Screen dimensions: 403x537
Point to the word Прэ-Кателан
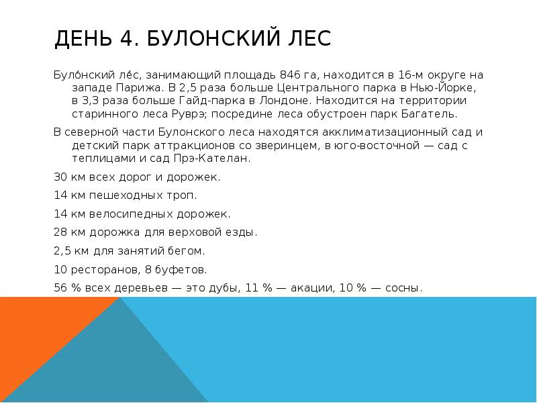[x=219, y=159]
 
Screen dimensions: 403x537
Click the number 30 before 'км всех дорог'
[x=59, y=177]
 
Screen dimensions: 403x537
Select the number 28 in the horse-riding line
[x=60, y=232]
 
